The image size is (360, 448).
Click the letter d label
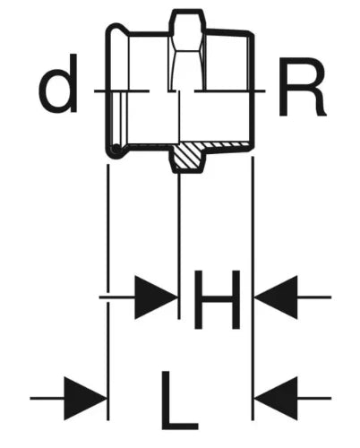58,83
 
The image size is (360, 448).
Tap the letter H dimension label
217,299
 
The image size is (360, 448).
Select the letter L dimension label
180,400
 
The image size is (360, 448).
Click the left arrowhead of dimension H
156,297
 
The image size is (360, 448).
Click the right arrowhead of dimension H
276,297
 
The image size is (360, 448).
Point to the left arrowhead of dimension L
85,398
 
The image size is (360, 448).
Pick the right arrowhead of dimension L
276,398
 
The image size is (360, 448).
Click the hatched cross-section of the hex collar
188,155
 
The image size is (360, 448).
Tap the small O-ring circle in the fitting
116,148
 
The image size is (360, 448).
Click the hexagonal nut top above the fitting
187,22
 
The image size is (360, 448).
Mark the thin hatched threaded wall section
227,145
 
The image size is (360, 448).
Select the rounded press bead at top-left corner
117,30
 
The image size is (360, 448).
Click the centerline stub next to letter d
102,90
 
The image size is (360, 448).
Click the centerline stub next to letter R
259,90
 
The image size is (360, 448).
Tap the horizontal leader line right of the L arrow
314,398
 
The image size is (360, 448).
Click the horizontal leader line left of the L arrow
47,398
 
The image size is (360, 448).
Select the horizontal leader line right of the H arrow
314,297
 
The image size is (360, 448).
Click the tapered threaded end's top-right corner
253,33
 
